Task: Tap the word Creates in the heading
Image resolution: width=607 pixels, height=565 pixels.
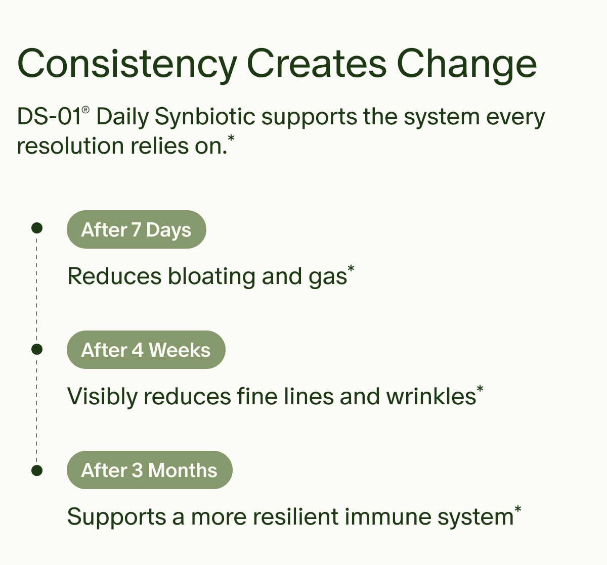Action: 316,64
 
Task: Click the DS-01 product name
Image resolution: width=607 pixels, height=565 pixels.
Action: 49,117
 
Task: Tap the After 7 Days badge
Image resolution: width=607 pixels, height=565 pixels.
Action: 136,229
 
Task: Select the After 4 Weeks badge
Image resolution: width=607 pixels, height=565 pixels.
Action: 146,350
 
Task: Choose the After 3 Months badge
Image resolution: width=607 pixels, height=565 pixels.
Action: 149,470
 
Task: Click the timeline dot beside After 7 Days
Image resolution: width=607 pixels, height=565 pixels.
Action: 36,228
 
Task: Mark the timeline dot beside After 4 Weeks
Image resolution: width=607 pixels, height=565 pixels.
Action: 36,349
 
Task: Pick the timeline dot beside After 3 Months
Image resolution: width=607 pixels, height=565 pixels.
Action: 36,470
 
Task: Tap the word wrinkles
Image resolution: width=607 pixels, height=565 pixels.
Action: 431,397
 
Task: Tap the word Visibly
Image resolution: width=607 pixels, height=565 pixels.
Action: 102,397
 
